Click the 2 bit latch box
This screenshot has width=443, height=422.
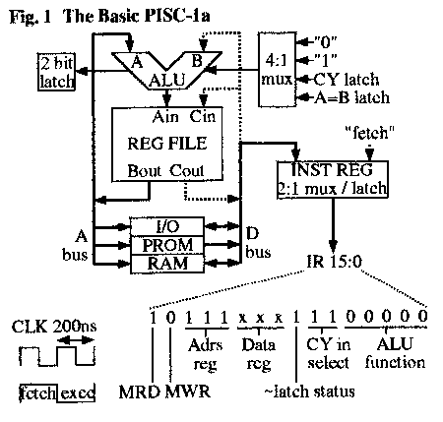(x=57, y=70)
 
